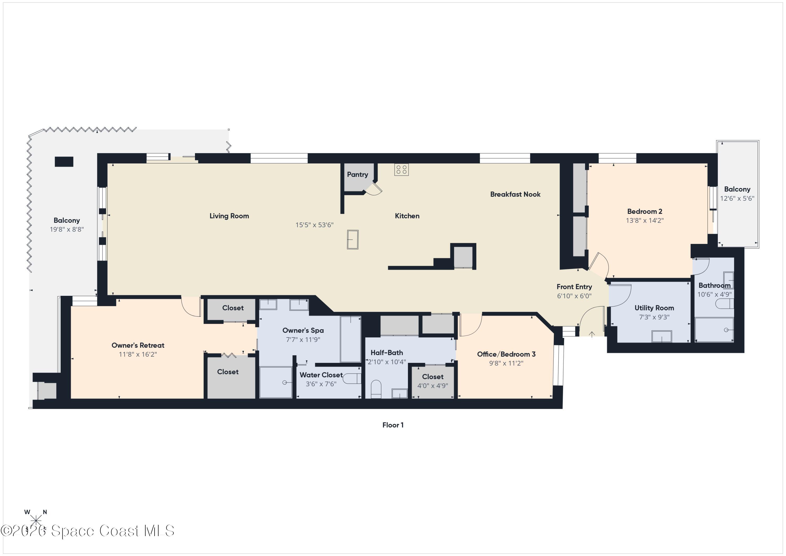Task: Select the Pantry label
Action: (357, 175)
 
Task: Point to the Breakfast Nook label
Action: (515, 194)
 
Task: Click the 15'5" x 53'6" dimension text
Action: (314, 225)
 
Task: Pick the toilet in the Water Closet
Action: (352, 379)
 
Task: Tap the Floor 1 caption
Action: (393, 425)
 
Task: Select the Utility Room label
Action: (654, 308)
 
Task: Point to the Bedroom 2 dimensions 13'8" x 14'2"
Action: (645, 220)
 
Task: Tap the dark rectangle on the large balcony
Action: (64, 162)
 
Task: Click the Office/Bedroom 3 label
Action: (506, 354)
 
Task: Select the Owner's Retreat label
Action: (138, 345)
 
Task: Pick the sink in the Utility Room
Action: (661, 336)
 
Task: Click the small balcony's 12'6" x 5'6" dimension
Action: (737, 199)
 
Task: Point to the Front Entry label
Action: (574, 287)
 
